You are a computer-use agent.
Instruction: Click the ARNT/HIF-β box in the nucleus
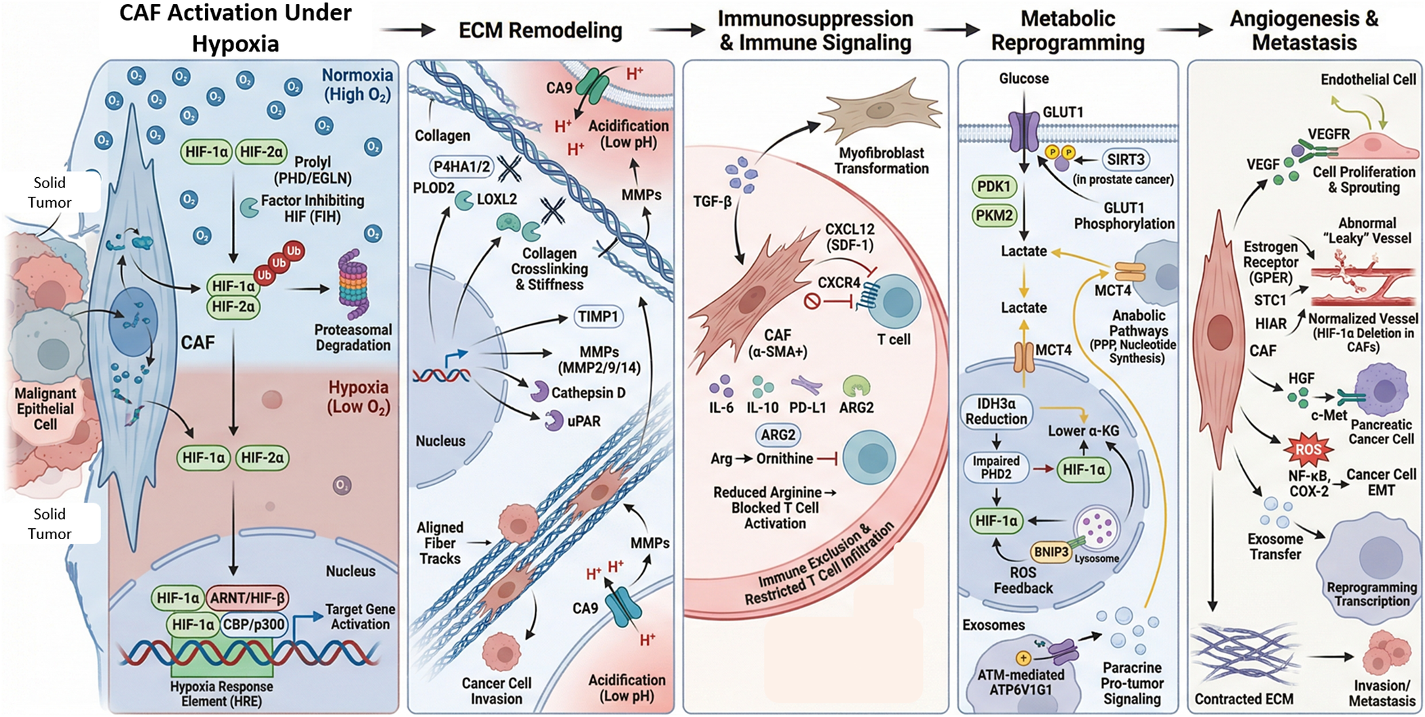click(x=247, y=598)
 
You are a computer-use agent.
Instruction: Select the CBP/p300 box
click(x=254, y=625)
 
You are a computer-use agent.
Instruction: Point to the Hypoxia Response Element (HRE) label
click(x=221, y=693)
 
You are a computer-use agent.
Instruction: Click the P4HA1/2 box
click(x=462, y=167)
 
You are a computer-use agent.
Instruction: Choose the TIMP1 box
click(x=598, y=316)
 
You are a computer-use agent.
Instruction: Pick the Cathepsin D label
click(x=588, y=393)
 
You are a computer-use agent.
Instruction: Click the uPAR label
click(x=584, y=422)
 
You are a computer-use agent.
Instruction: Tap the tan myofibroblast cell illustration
click(x=880, y=113)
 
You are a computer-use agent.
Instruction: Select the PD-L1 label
click(x=807, y=407)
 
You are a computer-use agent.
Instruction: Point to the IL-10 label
click(x=762, y=407)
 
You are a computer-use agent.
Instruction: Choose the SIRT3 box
click(x=1126, y=160)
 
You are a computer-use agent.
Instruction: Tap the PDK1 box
click(x=994, y=187)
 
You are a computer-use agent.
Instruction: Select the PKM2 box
click(x=994, y=216)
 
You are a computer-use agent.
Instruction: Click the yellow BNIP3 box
click(x=1050, y=552)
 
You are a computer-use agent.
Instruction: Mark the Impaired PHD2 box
click(x=996, y=467)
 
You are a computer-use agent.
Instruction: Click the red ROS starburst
click(x=1308, y=449)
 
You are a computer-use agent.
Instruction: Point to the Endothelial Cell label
click(x=1368, y=79)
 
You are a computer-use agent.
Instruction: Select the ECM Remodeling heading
click(x=540, y=31)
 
